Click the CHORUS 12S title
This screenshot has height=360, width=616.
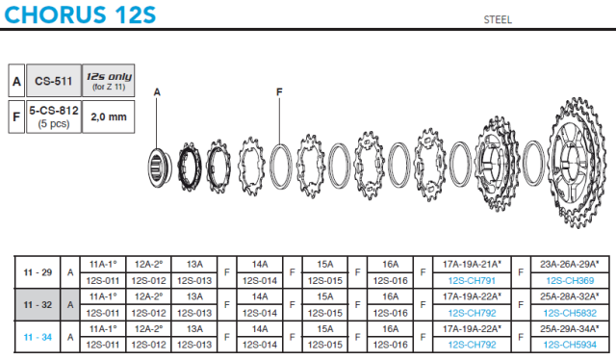click(x=80, y=14)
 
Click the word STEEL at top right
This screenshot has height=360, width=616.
click(x=498, y=19)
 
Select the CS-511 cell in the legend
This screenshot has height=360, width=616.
click(x=54, y=81)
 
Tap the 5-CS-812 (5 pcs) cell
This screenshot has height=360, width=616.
click(x=54, y=116)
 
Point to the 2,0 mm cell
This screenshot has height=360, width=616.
click(x=109, y=116)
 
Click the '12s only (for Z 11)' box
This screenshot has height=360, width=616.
click(x=109, y=81)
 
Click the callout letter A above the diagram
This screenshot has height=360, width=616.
click(x=157, y=92)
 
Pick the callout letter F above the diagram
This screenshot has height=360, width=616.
click(x=279, y=92)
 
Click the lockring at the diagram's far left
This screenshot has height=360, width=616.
click(x=160, y=167)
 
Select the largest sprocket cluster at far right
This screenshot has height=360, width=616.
click(x=577, y=162)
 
